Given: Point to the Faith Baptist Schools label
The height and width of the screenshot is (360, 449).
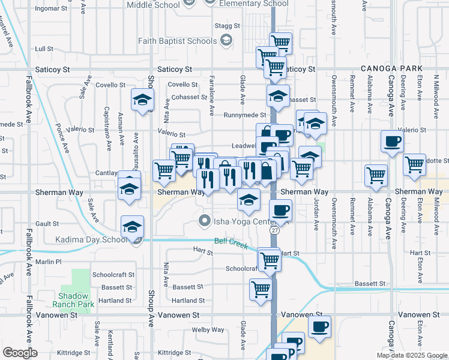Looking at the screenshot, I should point(177,41).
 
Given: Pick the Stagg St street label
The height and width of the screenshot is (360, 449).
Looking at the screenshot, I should point(228,26).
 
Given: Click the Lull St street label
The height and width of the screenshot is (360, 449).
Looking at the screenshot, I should point(44,49).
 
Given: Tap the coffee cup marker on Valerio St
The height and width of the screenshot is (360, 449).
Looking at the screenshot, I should point(393,142).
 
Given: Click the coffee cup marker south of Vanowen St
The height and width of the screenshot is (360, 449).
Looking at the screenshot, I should point(319,326).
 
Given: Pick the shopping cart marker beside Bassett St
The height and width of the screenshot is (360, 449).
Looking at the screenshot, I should point(261,289).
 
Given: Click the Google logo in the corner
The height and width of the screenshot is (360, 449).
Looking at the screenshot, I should point(19,353).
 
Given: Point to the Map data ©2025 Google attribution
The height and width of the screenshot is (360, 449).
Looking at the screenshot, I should point(411,355).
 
